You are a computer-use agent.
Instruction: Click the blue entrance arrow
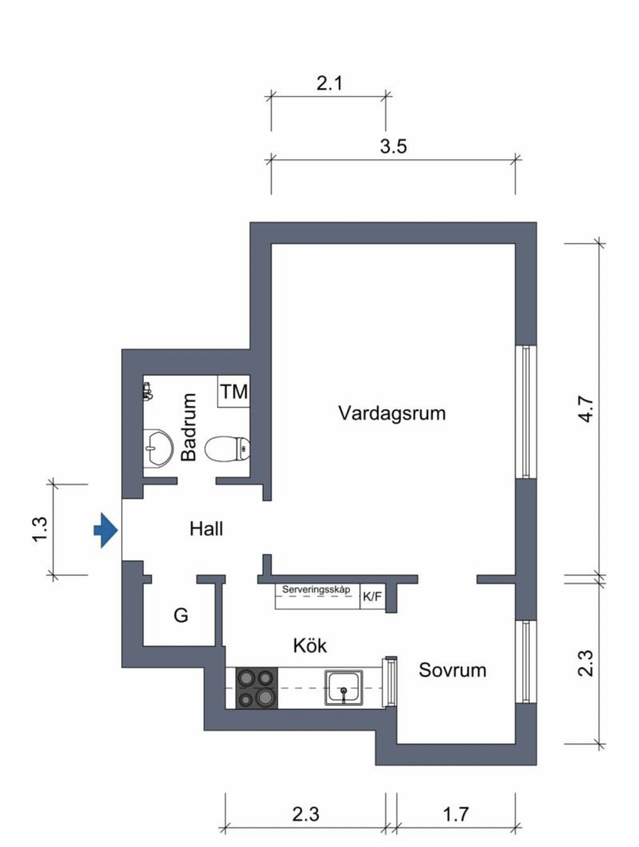106,530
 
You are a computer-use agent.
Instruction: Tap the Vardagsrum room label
392,413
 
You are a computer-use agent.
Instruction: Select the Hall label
206,529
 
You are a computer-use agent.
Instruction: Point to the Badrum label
189,427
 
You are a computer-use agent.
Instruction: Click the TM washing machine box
233,391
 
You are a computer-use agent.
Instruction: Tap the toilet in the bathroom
227,448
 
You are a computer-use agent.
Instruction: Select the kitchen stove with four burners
256,688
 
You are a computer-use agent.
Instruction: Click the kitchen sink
344,687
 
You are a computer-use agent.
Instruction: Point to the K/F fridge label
371,597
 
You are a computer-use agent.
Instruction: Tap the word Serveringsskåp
316,590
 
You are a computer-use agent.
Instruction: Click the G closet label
181,615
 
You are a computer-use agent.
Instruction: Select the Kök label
310,645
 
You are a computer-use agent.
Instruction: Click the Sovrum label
452,670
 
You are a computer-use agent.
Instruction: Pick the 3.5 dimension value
394,147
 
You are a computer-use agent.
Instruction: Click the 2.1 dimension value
329,84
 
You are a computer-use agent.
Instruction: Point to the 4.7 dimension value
586,409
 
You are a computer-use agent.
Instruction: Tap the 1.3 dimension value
40,529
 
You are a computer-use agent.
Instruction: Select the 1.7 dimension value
456,814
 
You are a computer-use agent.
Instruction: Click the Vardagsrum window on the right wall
526,412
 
